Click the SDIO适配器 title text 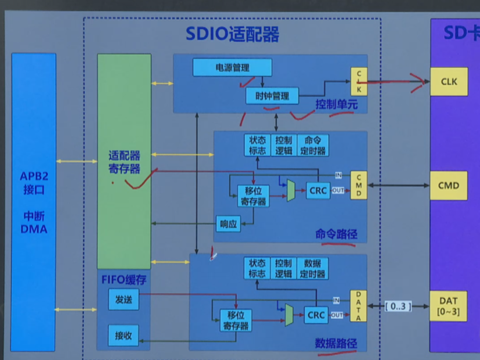(x=233, y=34)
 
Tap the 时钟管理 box (x=272, y=95)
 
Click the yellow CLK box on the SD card (x=449, y=81)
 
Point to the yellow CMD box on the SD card (x=449, y=186)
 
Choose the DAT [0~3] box (x=448, y=306)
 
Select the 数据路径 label (x=336, y=343)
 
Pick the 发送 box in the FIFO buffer (x=123, y=300)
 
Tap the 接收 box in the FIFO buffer (x=123, y=336)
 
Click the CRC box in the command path (x=318, y=190)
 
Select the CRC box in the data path (x=317, y=315)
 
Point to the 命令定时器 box (x=313, y=145)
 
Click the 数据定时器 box (x=313, y=268)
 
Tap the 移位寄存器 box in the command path (x=253, y=196)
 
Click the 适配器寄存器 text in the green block (x=124, y=163)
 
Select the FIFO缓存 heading (x=123, y=280)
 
